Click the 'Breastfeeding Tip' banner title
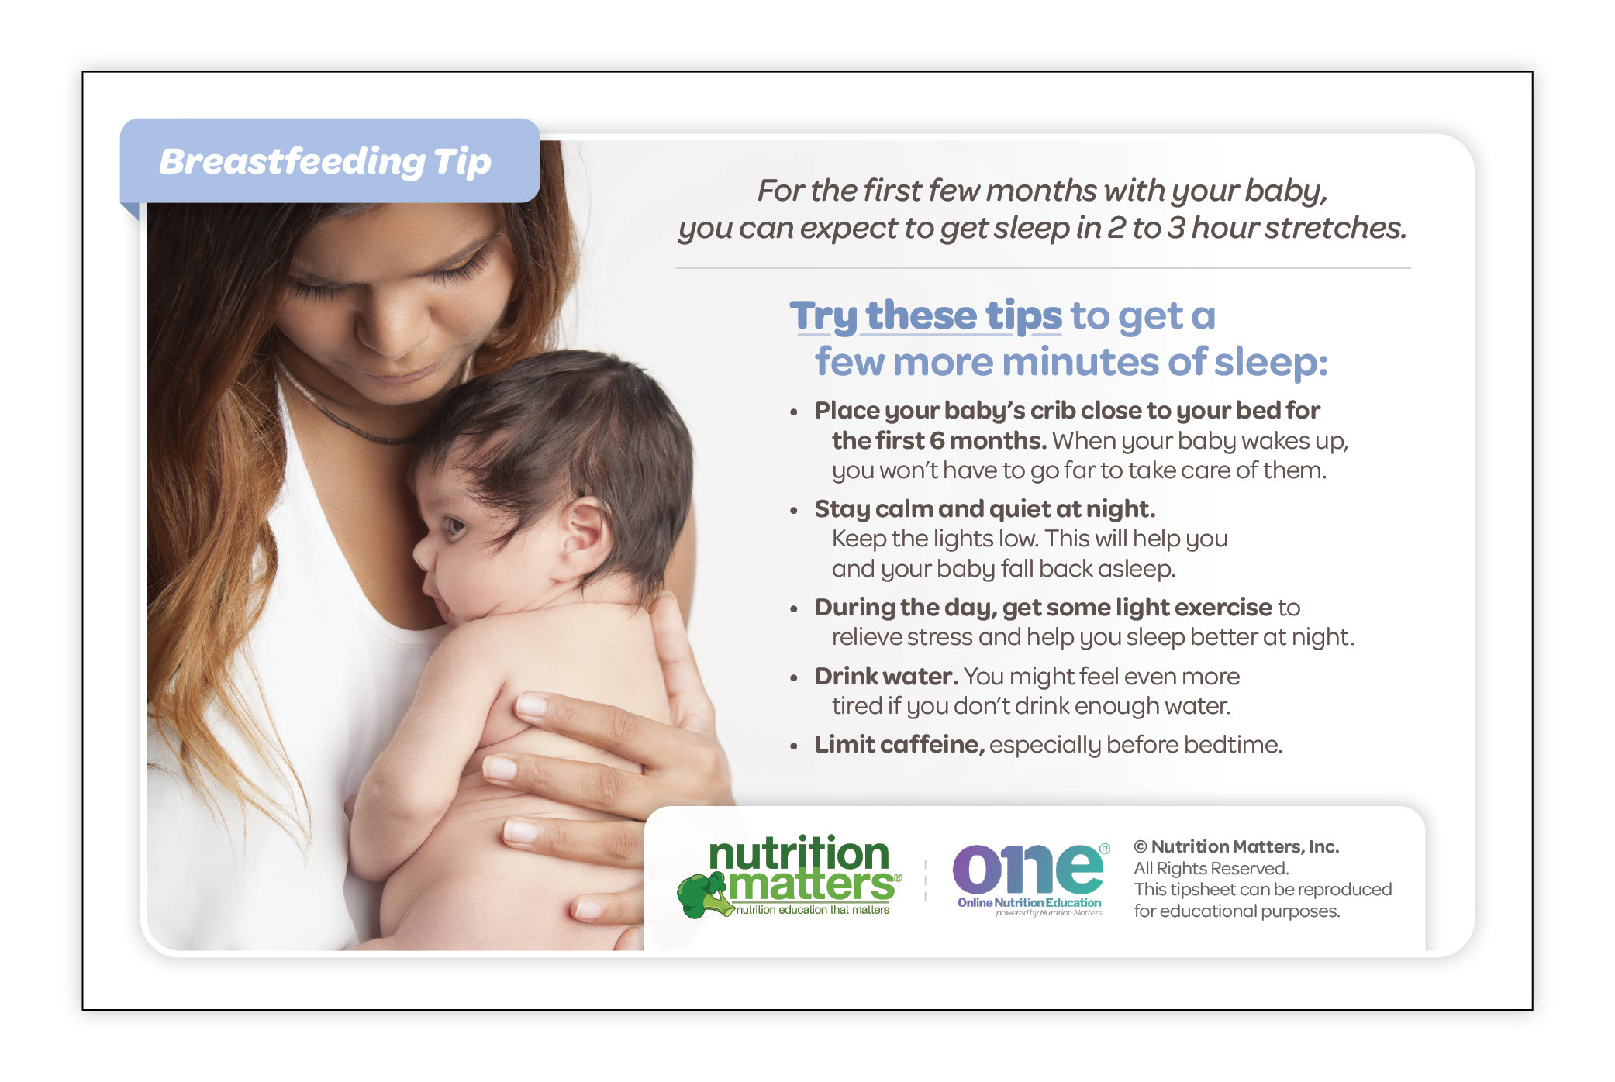point(325,161)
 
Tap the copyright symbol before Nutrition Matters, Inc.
point(1141,846)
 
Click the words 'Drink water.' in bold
point(886,676)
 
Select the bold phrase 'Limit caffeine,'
point(899,744)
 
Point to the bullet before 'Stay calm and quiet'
point(793,511)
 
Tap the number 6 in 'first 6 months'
point(937,440)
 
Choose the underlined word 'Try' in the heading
point(823,317)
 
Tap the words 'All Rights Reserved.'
point(1211,868)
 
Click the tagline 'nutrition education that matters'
point(813,910)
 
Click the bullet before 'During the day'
point(793,609)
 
